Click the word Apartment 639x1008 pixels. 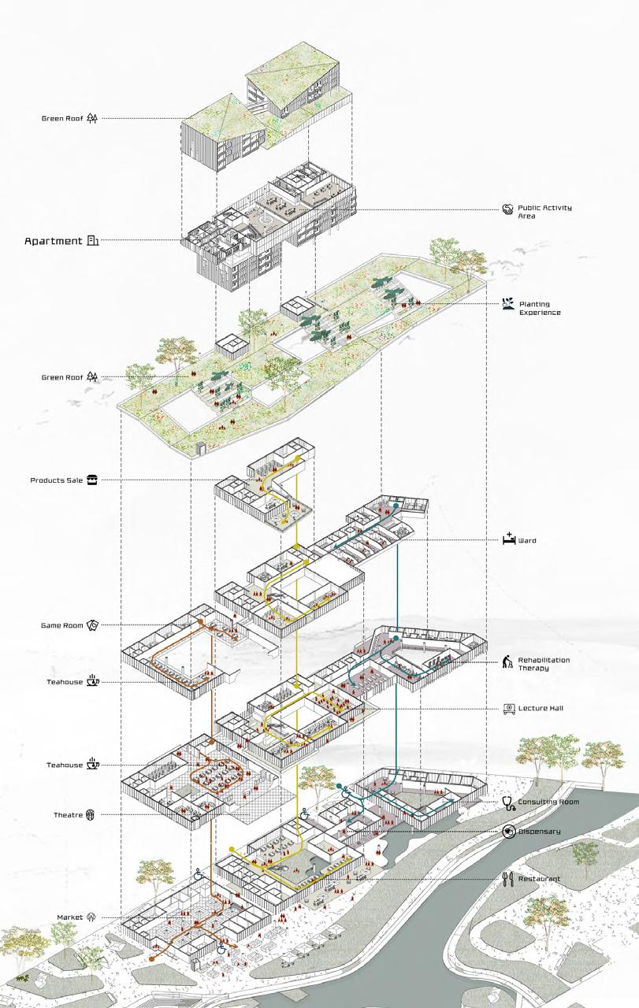coord(54,241)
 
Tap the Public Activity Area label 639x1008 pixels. coord(544,212)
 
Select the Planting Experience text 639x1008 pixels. coord(540,309)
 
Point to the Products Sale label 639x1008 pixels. coord(57,480)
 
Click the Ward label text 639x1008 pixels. coord(527,541)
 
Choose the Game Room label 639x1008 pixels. coord(62,625)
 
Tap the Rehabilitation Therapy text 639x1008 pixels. coord(544,664)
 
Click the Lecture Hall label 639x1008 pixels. coord(540,708)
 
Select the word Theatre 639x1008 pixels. coord(69,814)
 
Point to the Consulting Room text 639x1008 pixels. coord(549,802)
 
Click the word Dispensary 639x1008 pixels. coord(540,832)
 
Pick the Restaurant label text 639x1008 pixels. coord(539,879)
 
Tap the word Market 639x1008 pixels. coord(70,917)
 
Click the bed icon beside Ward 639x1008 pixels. coord(508,540)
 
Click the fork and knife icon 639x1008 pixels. coord(508,878)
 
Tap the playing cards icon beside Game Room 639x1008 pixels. coord(92,625)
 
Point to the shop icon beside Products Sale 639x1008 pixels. coord(92,480)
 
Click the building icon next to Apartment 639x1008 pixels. coord(93,241)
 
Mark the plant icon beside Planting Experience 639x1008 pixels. coord(507,303)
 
